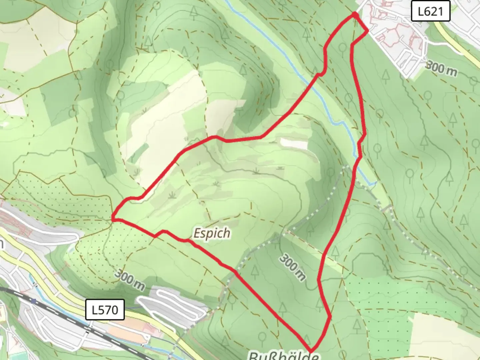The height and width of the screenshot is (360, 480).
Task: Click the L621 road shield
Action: pos(430,11)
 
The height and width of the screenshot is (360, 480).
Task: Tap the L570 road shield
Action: pos(105,310)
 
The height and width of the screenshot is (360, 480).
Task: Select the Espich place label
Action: pos(212,233)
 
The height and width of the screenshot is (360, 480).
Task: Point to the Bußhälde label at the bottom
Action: pos(284,355)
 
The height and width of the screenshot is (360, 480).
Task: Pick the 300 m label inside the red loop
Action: pos(292,267)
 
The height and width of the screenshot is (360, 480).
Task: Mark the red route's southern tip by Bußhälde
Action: pos(311,351)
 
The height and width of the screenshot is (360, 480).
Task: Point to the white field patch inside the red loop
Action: pos(294,144)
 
